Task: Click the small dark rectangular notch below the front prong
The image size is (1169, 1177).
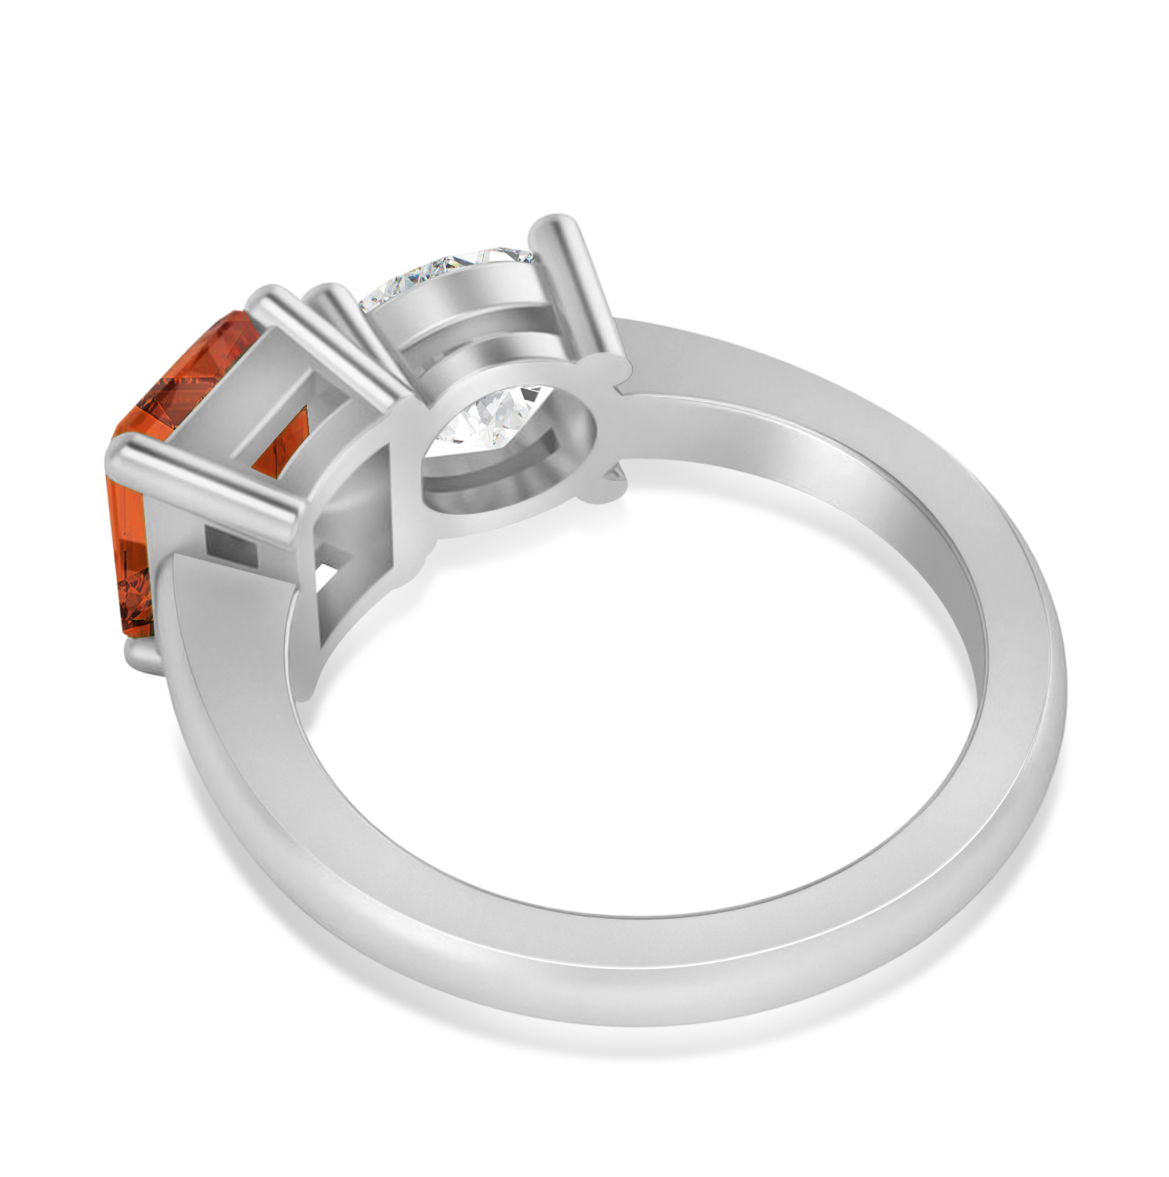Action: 232,545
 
